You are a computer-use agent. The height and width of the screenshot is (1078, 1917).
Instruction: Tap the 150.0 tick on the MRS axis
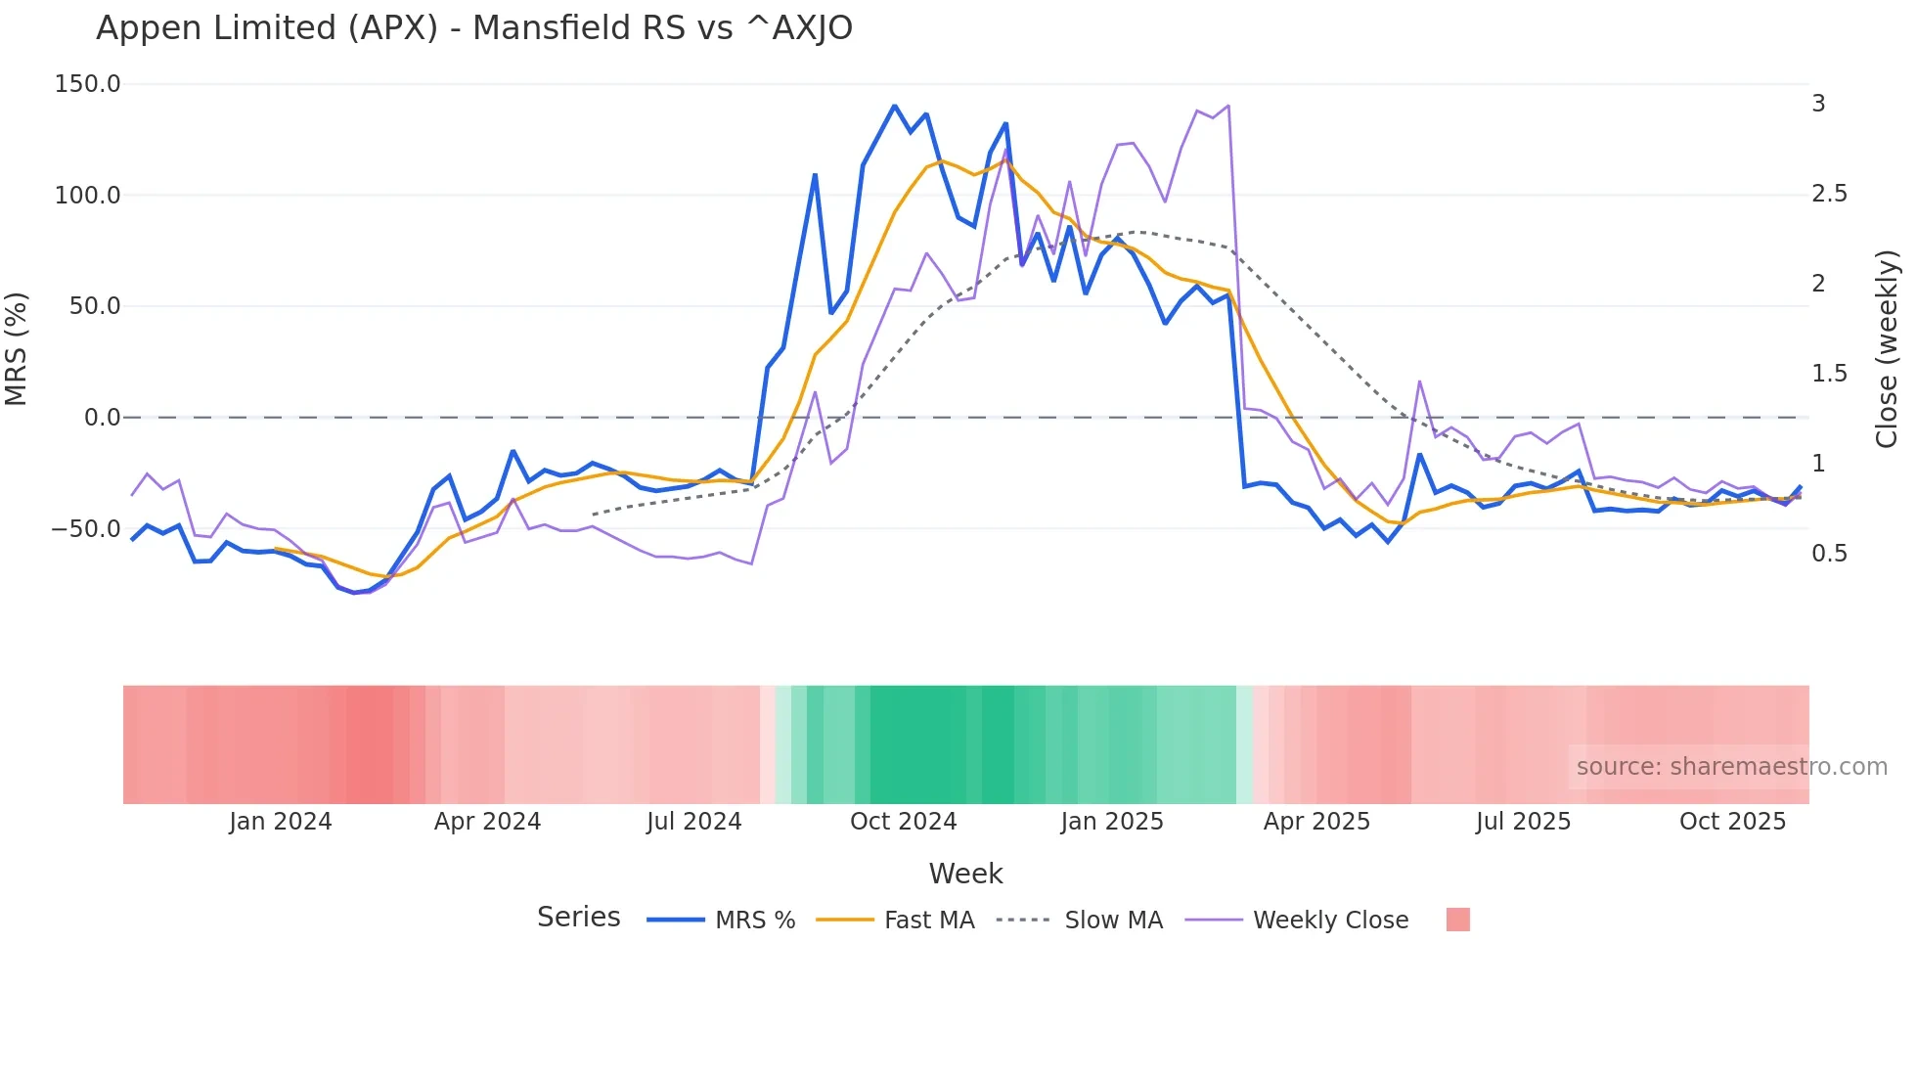point(88,84)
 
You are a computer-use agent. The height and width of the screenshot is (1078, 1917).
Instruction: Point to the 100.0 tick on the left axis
point(88,196)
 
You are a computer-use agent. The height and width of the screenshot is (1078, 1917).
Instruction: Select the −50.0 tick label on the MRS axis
point(86,529)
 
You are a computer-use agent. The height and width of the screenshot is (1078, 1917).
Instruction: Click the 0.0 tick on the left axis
point(102,418)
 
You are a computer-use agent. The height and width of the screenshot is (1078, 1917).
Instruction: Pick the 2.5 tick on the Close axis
point(1830,194)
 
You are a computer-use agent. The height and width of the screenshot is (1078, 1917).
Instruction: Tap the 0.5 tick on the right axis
point(1830,554)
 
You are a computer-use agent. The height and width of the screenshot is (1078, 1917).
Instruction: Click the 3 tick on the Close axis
point(1819,104)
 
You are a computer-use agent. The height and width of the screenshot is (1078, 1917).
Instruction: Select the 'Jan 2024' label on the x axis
point(281,822)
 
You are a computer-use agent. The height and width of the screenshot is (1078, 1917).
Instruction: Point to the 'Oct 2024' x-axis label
point(903,822)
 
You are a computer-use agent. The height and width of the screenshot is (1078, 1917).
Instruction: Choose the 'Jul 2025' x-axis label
point(1523,822)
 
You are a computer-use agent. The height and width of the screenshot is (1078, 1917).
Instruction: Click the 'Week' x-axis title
point(965,874)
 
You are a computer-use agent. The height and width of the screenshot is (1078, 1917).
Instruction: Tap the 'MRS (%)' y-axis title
point(17,349)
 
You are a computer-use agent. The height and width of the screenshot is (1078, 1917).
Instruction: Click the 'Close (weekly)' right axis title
point(1888,349)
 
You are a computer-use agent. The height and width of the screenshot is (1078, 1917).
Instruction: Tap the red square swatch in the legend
point(1458,921)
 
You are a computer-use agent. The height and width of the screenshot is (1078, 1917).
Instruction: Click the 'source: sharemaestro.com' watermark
point(1731,767)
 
